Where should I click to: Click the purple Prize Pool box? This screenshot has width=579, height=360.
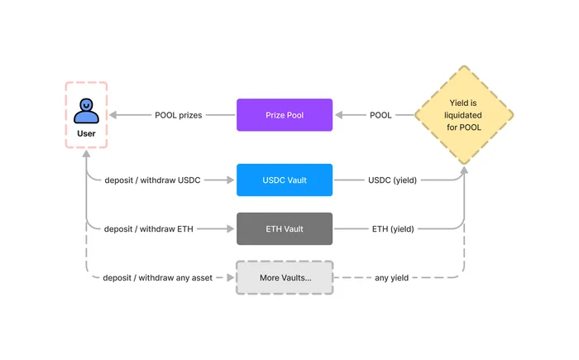point(285,115)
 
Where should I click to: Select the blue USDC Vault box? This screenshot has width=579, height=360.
point(285,180)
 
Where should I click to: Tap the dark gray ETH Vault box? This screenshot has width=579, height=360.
point(285,228)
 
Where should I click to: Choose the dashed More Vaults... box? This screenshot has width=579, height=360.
point(285,277)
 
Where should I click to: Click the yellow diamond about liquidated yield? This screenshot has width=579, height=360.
point(464,115)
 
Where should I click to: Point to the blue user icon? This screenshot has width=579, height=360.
point(86,111)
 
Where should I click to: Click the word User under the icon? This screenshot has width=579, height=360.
point(86,133)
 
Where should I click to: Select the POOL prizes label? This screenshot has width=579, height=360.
point(179,115)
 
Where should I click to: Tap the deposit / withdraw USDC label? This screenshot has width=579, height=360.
point(152,180)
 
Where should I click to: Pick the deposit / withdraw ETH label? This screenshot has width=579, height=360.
point(148,229)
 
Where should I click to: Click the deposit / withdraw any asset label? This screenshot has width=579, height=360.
point(158,278)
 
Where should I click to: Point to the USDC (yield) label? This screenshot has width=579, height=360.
point(393,180)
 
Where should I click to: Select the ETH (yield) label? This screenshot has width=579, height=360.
point(393,229)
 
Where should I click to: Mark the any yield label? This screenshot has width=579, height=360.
point(391,278)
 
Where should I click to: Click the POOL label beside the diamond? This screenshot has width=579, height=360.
point(380,115)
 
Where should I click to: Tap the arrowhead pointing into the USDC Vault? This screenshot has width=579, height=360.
point(231,180)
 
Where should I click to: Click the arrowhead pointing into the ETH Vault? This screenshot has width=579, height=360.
point(231,228)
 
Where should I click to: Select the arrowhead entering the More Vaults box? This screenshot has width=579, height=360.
point(231,277)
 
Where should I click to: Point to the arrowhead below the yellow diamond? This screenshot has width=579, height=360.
point(464,170)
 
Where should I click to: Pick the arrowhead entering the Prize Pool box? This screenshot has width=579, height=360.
point(339,115)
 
